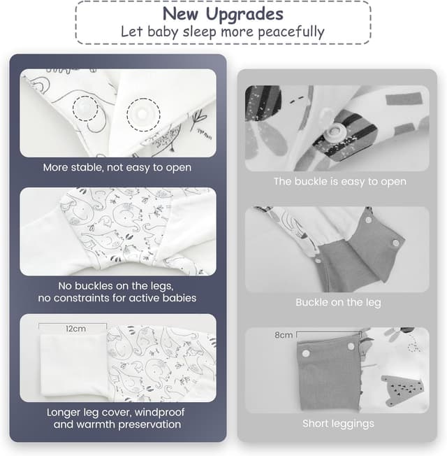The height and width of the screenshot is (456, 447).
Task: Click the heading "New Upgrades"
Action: click(223, 13)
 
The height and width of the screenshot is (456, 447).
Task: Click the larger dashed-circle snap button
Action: click(143, 114)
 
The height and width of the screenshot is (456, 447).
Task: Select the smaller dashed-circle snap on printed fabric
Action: click(85, 108)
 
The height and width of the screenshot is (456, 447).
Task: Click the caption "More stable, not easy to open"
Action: click(117, 168)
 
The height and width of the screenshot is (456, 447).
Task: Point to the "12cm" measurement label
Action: click(75, 329)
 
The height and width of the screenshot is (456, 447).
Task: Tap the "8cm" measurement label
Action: click(284, 335)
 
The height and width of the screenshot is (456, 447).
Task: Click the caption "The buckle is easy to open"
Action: click(340, 181)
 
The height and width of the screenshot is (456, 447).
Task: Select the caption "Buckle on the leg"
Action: click(338, 302)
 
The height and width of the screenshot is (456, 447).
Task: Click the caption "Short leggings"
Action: click(338, 424)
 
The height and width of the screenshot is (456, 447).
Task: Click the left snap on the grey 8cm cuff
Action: click(306, 354)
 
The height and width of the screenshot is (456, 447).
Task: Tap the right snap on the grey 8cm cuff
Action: click(351, 346)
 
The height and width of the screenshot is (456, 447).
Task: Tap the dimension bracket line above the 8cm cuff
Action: click(328, 332)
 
